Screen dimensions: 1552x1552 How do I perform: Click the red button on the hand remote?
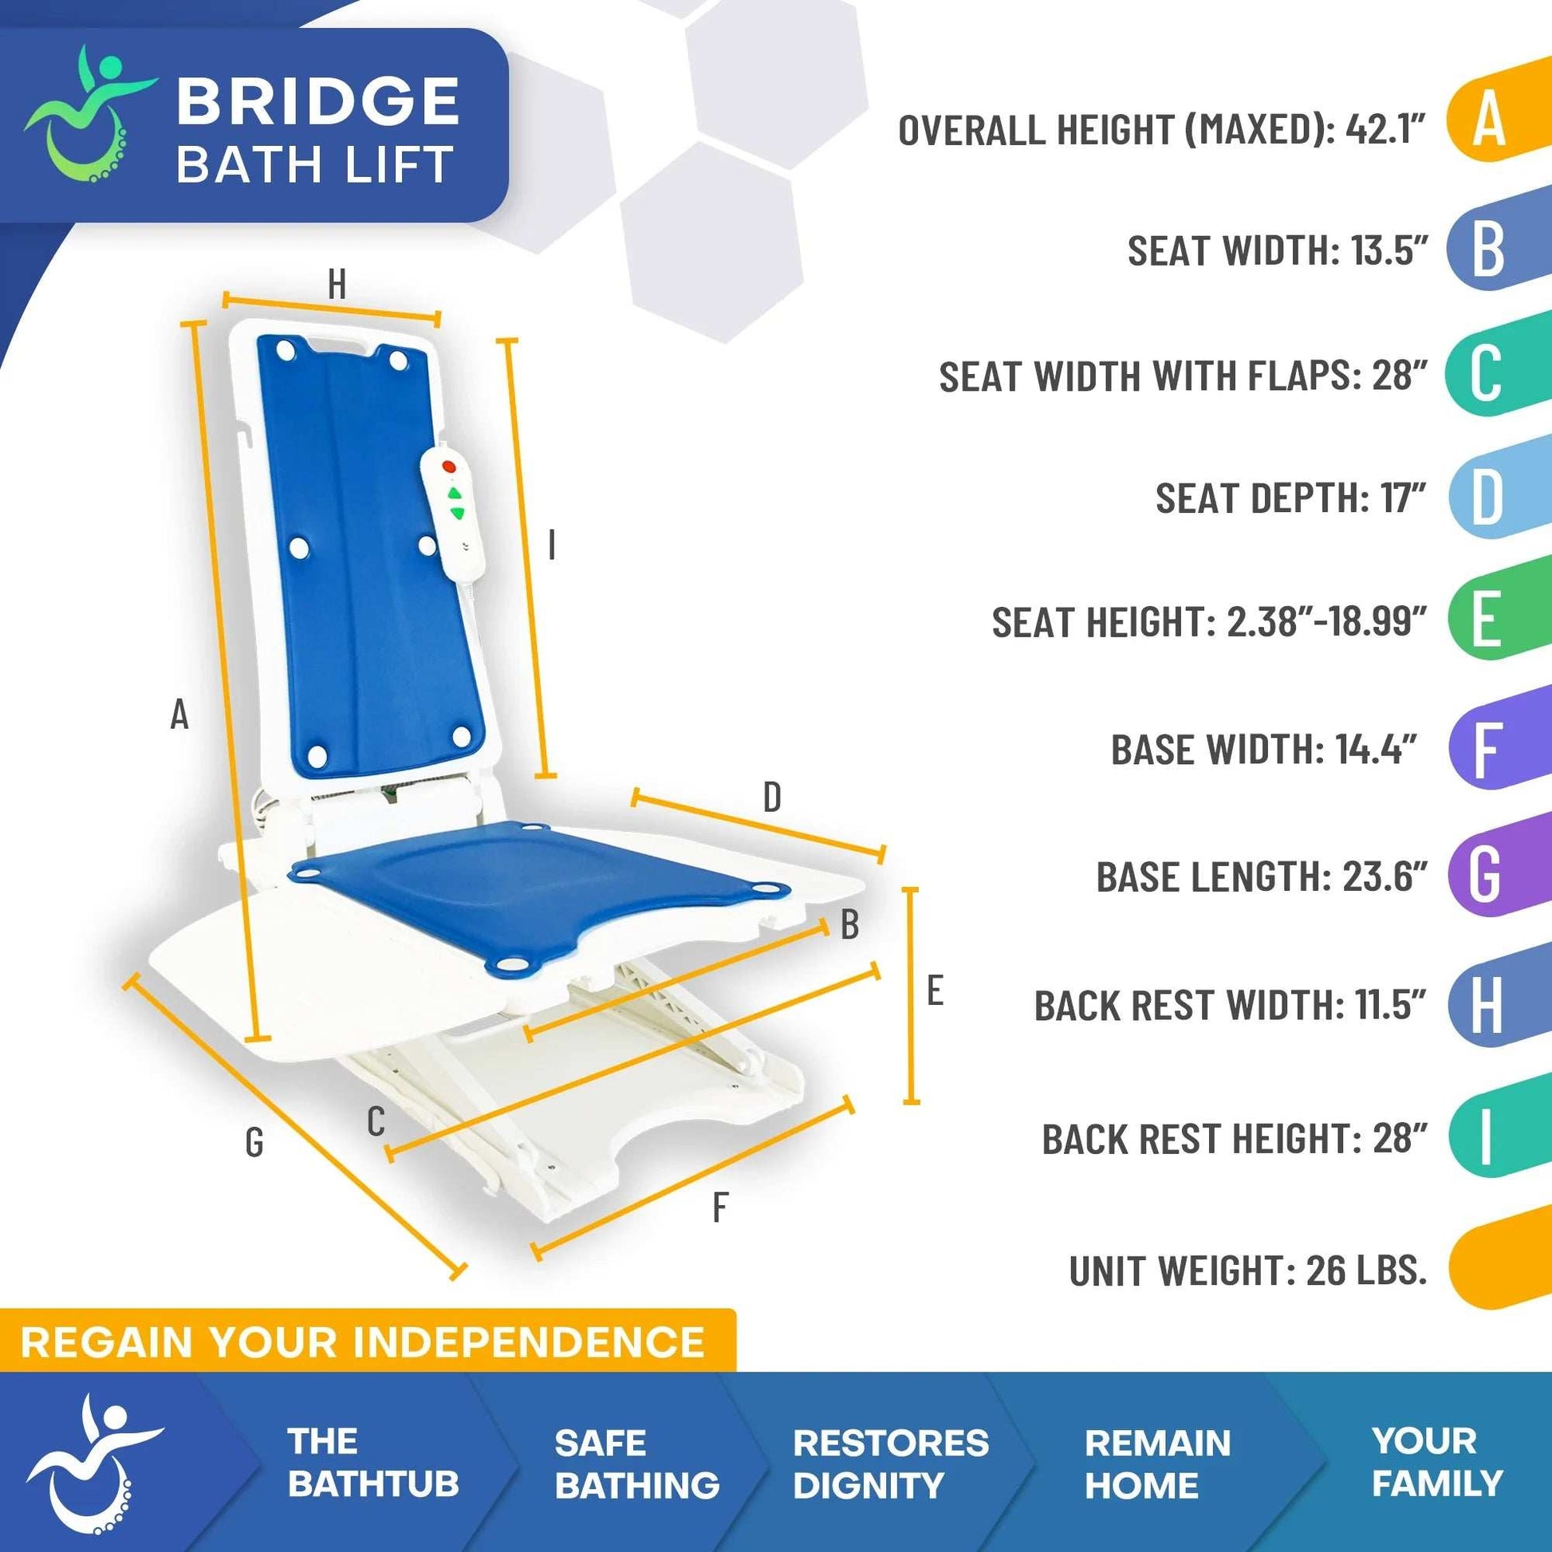click(x=449, y=467)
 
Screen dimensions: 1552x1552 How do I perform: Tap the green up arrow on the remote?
click(x=455, y=493)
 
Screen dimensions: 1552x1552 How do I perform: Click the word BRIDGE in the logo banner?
click(x=318, y=101)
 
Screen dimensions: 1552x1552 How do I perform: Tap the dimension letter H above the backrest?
click(x=337, y=285)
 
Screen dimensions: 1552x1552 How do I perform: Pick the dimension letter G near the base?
click(x=254, y=1141)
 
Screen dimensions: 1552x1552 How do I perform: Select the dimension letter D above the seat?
click(x=771, y=797)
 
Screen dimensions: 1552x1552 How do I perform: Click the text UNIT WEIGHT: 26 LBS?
click(x=1247, y=1270)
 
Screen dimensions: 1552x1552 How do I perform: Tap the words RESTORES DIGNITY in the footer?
click(x=890, y=1463)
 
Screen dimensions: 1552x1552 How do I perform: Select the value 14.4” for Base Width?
click(x=1376, y=750)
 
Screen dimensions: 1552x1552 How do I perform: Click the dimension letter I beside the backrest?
click(x=551, y=546)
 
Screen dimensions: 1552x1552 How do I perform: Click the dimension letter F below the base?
click(x=719, y=1207)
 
